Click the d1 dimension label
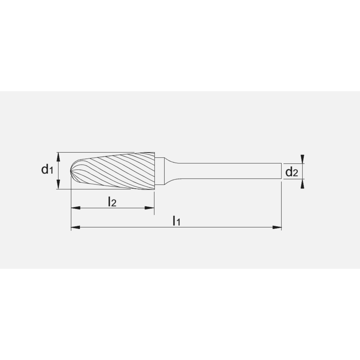[x=47, y=169]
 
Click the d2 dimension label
[x=292, y=172]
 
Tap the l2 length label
[x=112, y=202]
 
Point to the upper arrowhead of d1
[x=58, y=156]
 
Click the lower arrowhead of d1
[x=58, y=185]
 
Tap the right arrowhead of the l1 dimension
[x=277, y=227]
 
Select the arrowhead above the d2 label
[x=303, y=159]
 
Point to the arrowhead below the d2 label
[x=303, y=184]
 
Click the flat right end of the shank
[x=281, y=171]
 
